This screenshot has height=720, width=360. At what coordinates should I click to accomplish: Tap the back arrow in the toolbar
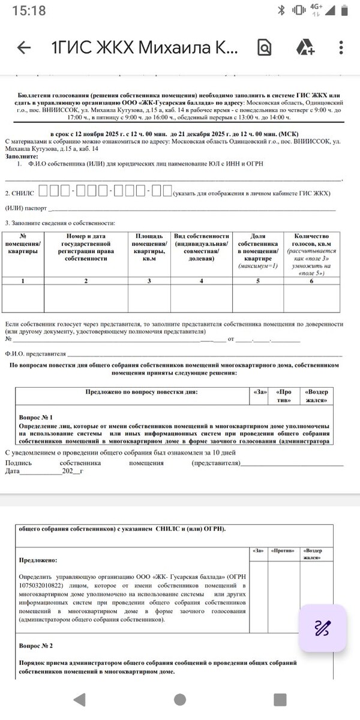(24, 48)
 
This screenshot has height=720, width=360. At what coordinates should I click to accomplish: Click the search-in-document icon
(265, 48)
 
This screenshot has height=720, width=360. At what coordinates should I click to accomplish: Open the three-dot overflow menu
(341, 48)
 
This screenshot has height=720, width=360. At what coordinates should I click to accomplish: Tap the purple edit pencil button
(322, 628)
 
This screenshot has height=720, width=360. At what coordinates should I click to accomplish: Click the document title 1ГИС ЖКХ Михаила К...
(145, 48)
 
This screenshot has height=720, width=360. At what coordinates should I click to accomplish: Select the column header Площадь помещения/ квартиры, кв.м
(149, 247)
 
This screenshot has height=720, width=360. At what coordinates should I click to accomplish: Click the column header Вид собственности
(202, 247)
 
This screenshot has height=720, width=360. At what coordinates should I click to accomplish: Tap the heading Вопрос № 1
(36, 417)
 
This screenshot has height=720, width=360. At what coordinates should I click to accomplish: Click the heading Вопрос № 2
(36, 646)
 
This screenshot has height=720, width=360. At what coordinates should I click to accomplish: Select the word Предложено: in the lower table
(38, 560)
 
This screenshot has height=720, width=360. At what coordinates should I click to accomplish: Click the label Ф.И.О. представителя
(35, 354)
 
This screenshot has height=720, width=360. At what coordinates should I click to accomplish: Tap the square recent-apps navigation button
(280, 700)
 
